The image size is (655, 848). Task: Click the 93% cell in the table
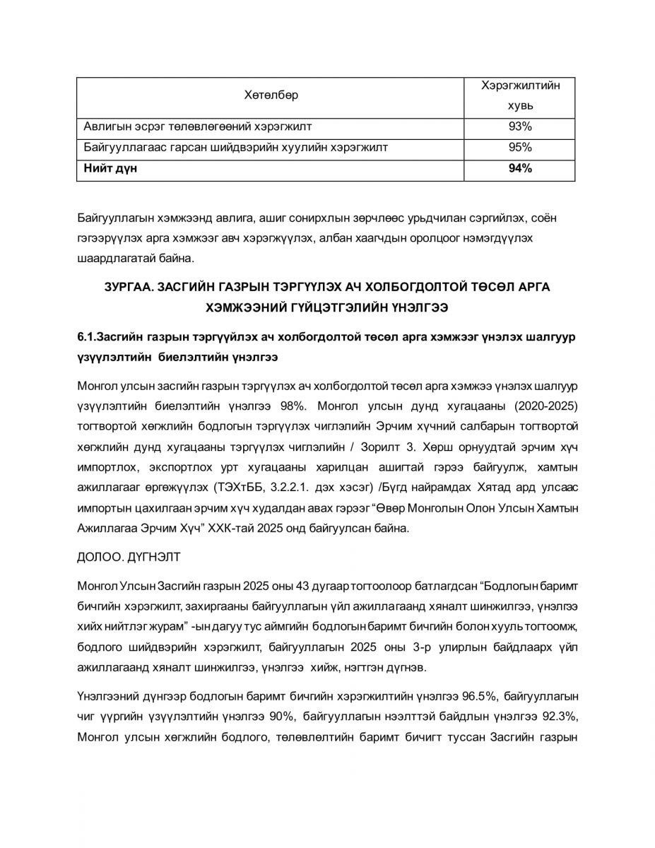(x=519, y=126)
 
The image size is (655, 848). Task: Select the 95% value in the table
(x=519, y=148)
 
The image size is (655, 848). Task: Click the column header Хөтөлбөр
(x=271, y=95)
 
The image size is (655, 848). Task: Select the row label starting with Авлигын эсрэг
(x=198, y=126)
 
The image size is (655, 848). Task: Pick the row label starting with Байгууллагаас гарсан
(x=235, y=148)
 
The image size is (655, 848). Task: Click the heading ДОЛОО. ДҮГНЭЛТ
(x=129, y=557)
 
